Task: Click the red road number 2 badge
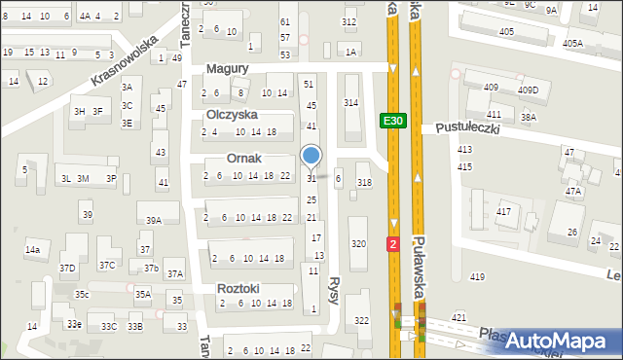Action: coord(392,244)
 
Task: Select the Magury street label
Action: coord(228,69)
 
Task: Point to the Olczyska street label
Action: coord(231,114)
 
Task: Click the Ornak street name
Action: coord(243,158)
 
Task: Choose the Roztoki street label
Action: coord(238,289)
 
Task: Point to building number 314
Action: coord(350,103)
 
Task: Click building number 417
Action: coord(504,211)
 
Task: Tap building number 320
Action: coord(358,244)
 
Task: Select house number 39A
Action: coord(154,221)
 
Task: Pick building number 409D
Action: coord(528,90)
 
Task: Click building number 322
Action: coord(361,320)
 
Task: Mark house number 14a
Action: coord(32,251)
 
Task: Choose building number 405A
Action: coord(572,44)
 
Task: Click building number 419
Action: coord(477,277)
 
